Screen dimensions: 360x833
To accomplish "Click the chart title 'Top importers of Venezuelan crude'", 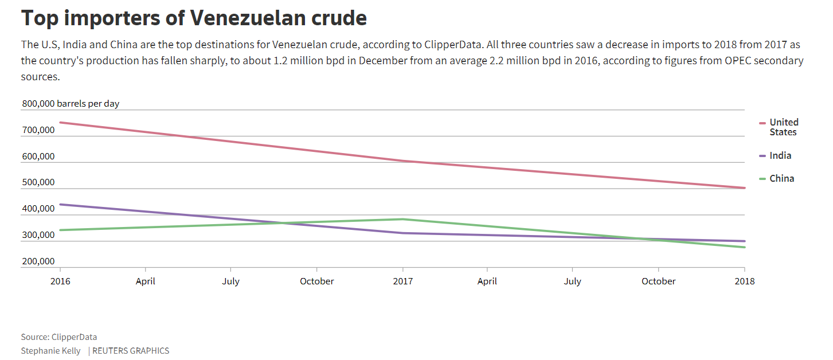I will coord(194,18).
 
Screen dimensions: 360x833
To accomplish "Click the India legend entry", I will coord(780,155).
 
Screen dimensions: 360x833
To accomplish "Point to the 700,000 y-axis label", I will coord(38,130).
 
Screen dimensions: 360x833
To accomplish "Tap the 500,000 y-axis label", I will coord(38,183).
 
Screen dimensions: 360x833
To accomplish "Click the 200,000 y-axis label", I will coord(38,261).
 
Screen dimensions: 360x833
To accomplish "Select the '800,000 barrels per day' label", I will coord(71,104).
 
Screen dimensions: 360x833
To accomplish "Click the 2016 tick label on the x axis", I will coord(60,281).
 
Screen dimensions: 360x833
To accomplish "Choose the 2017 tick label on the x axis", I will coord(402,281).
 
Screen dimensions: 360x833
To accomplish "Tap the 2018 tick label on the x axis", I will coord(745,281).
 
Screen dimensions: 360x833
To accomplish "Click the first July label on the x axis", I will coord(230,281).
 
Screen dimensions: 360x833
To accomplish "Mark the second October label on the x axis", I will coord(658,281).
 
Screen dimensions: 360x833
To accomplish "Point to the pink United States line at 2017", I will coord(402,161).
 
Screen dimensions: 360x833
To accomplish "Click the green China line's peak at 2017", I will coord(402,219).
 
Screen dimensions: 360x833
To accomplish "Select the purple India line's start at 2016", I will coord(60,205).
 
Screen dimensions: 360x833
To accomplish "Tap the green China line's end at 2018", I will coord(744,247).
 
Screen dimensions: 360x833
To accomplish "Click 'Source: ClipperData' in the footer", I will coord(59,337).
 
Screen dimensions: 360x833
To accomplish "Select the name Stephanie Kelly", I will coord(51,350).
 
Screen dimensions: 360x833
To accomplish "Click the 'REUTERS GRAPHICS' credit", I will coord(131,350).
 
